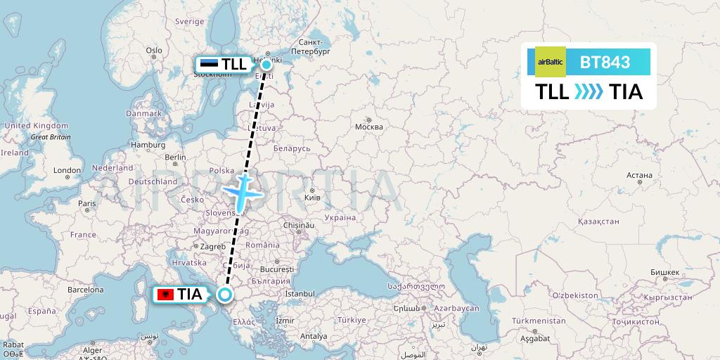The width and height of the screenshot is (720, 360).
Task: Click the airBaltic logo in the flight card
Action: [x=550, y=63]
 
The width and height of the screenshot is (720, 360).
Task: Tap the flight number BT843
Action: [x=605, y=63]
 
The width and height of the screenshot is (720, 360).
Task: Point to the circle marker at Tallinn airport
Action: [x=266, y=64]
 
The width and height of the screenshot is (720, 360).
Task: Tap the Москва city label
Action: [x=369, y=127]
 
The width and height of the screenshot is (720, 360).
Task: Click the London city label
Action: [x=67, y=170]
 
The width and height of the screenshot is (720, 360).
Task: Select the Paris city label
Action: [x=86, y=204]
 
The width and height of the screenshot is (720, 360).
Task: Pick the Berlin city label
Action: [x=175, y=157]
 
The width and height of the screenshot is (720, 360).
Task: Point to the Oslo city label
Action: [x=154, y=51]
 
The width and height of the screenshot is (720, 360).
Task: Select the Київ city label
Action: [x=311, y=198]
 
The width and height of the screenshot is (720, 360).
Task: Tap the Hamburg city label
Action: [x=148, y=145]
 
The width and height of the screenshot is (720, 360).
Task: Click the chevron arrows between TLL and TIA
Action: [x=589, y=92]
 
